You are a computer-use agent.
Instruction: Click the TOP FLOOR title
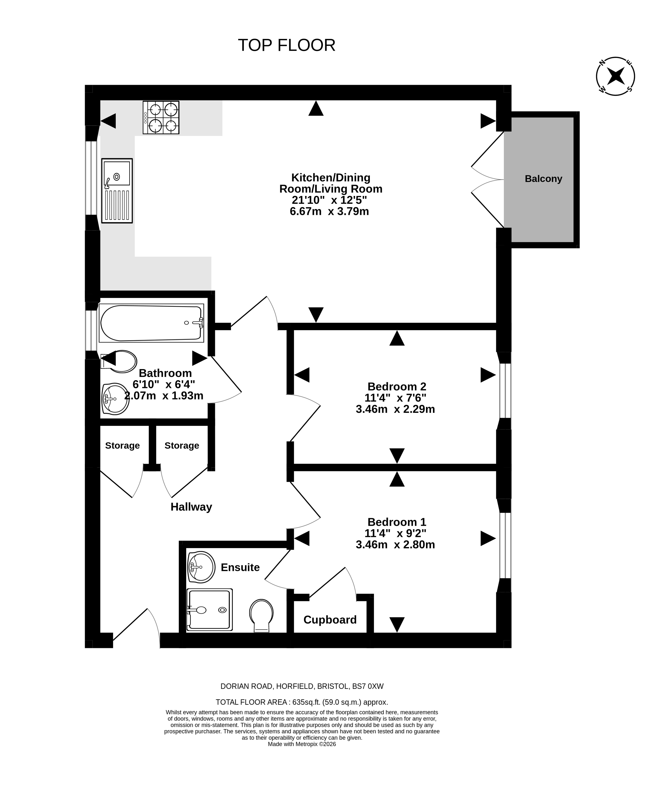point(287,45)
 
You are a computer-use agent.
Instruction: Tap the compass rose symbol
point(615,76)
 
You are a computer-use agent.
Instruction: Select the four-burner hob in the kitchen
point(161,117)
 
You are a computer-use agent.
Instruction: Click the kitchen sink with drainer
point(117,191)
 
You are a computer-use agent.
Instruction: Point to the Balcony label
point(543,179)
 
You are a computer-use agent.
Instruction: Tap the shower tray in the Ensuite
point(210,610)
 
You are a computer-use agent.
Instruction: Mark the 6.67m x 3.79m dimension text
point(329,211)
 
